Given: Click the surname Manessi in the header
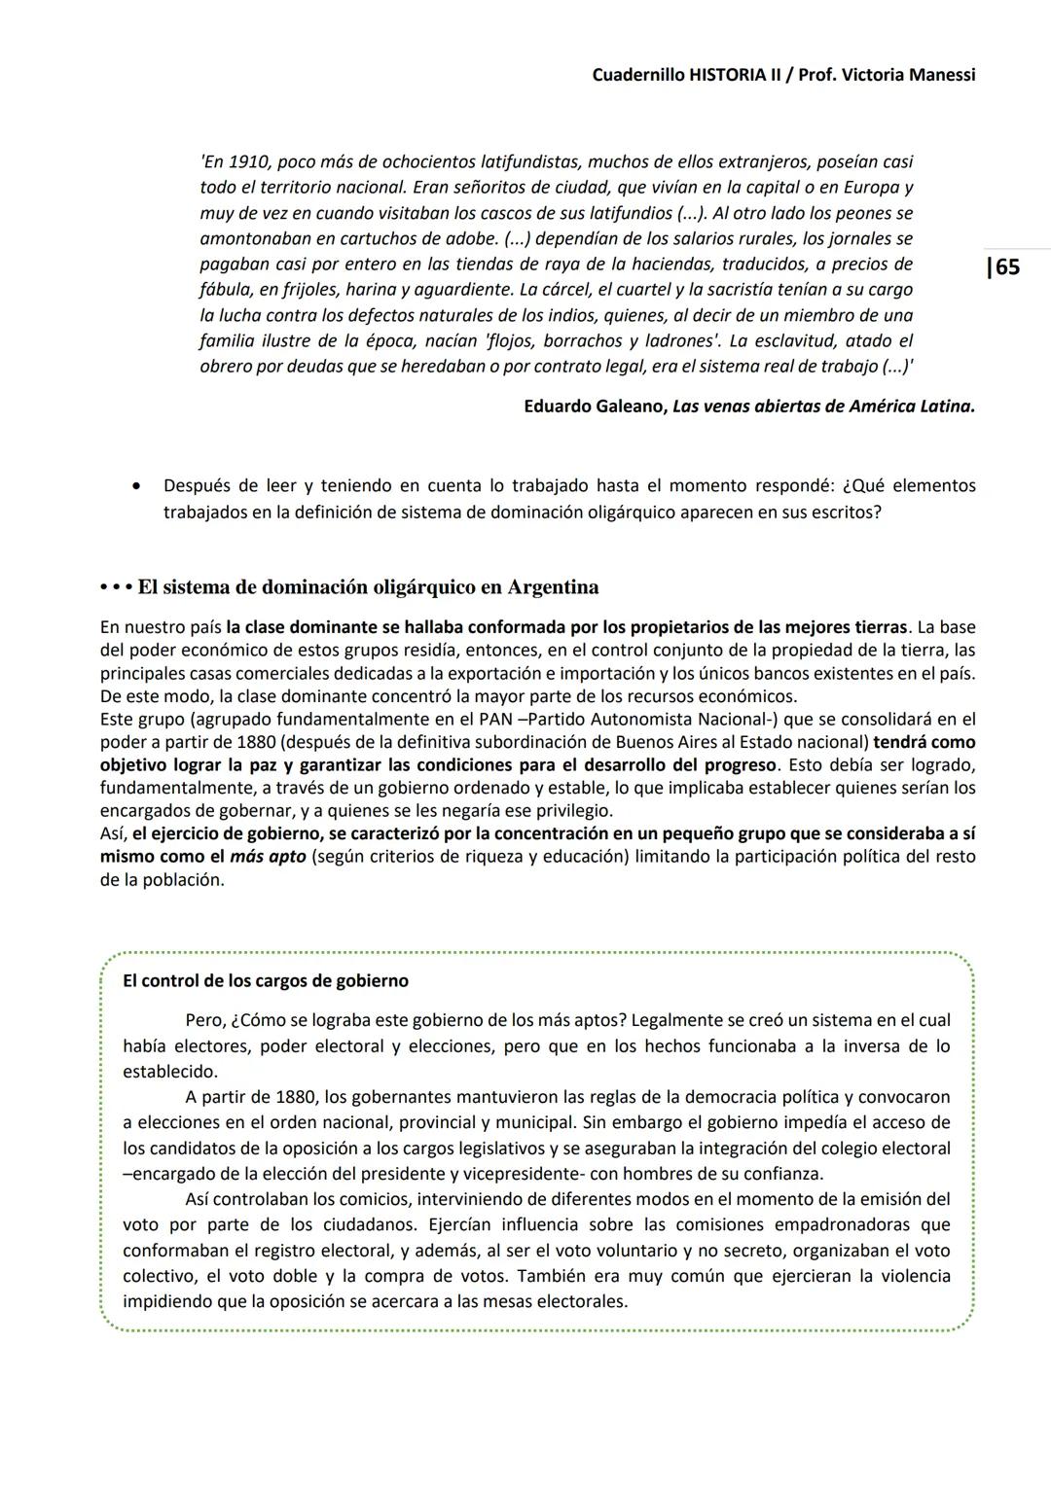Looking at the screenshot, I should tap(936, 75).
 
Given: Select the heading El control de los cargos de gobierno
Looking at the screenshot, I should tap(266, 981).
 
